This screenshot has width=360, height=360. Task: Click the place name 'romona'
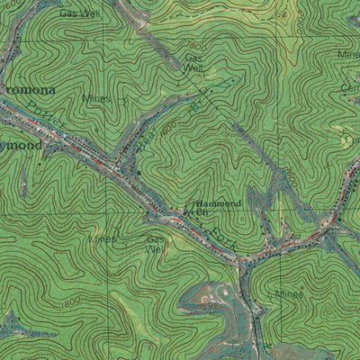pyautogui.click(x=29, y=91)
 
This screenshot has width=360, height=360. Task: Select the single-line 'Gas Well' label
pyautogui.click(x=79, y=13)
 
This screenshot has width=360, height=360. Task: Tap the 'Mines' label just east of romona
pyautogui.click(x=96, y=98)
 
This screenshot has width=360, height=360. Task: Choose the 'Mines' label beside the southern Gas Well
pyautogui.click(x=103, y=239)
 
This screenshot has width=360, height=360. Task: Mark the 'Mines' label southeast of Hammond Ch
pyautogui.click(x=290, y=294)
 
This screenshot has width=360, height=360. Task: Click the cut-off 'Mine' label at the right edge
pyautogui.click(x=348, y=54)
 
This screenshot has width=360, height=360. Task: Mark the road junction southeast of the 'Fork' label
pyautogui.click(x=243, y=260)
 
